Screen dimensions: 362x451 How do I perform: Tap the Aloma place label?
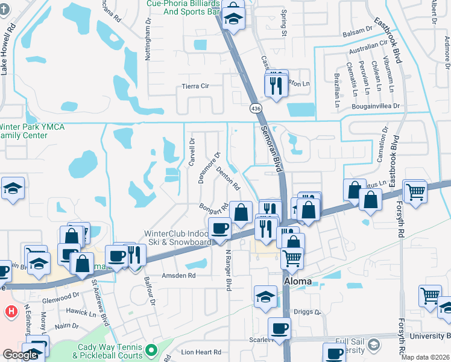pos(297,282)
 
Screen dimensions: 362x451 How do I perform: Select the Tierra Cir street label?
pos(195,86)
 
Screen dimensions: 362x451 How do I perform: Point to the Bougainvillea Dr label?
pos(379,106)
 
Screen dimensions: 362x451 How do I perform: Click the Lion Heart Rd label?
pos(201,352)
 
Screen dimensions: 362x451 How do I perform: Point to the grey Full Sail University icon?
pos(374,345)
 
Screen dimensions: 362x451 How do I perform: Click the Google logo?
pos(20,355)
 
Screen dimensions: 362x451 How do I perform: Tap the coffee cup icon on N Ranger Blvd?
pos(219,229)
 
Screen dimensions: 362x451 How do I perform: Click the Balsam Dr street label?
pos(358,30)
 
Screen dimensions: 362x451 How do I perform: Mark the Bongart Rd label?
pos(215,207)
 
